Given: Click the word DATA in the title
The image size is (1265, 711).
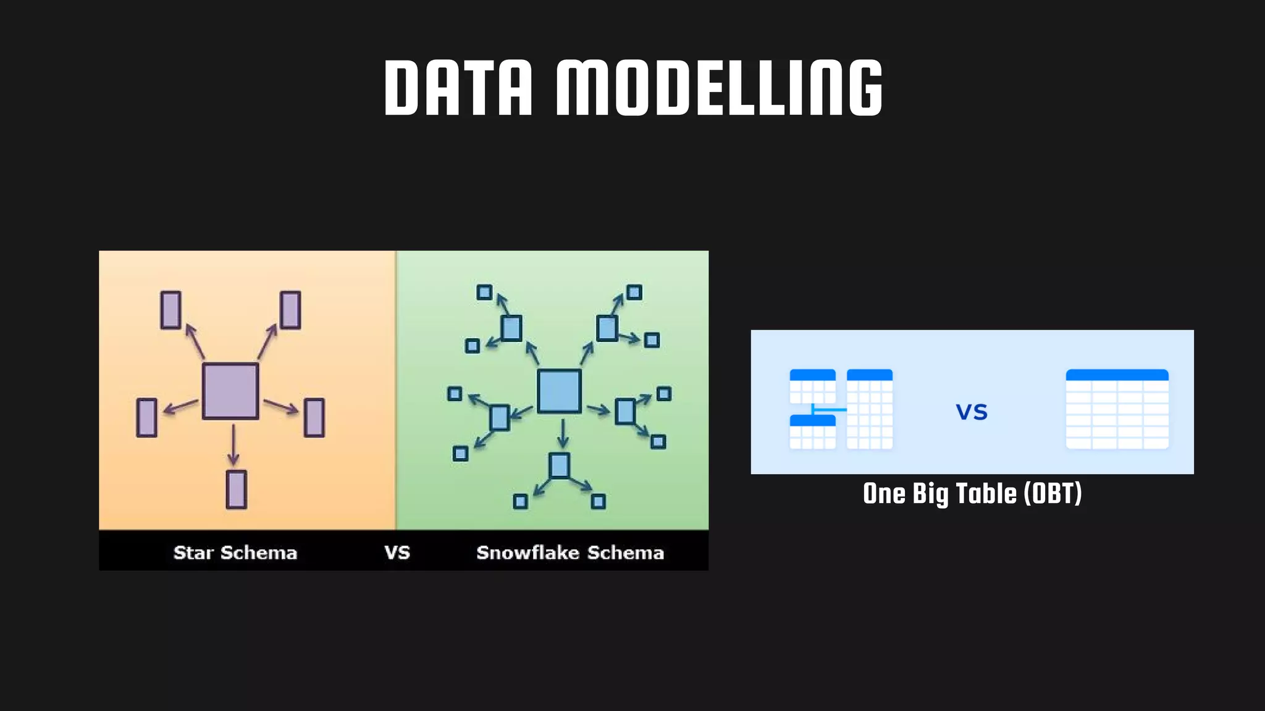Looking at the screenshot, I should [458, 88].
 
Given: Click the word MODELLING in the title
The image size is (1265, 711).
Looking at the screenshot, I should [720, 88].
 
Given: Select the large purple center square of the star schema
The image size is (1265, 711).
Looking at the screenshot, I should [230, 391].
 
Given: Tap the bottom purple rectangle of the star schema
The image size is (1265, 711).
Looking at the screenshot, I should [236, 489].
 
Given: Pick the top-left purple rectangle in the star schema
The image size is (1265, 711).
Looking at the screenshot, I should [170, 310].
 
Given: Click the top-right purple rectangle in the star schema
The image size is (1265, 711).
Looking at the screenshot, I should [290, 310].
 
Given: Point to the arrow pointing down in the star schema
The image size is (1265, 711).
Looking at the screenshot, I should [233, 444].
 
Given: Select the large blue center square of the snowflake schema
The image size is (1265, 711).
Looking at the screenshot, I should [559, 391].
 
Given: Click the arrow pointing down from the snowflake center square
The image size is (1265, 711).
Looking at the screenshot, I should [562, 433].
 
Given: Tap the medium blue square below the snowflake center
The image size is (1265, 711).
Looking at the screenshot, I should [559, 465].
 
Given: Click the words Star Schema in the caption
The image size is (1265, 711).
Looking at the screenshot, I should [235, 552].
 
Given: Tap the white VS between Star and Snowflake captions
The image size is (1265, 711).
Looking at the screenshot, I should [397, 552].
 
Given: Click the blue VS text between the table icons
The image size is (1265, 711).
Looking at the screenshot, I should [972, 412].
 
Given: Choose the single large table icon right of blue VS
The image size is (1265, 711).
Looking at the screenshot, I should [1117, 409].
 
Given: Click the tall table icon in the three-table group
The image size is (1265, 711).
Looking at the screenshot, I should [869, 409].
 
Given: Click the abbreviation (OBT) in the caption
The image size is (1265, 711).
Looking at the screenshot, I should [1053, 494].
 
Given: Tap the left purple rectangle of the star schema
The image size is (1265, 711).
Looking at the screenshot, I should [146, 418].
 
